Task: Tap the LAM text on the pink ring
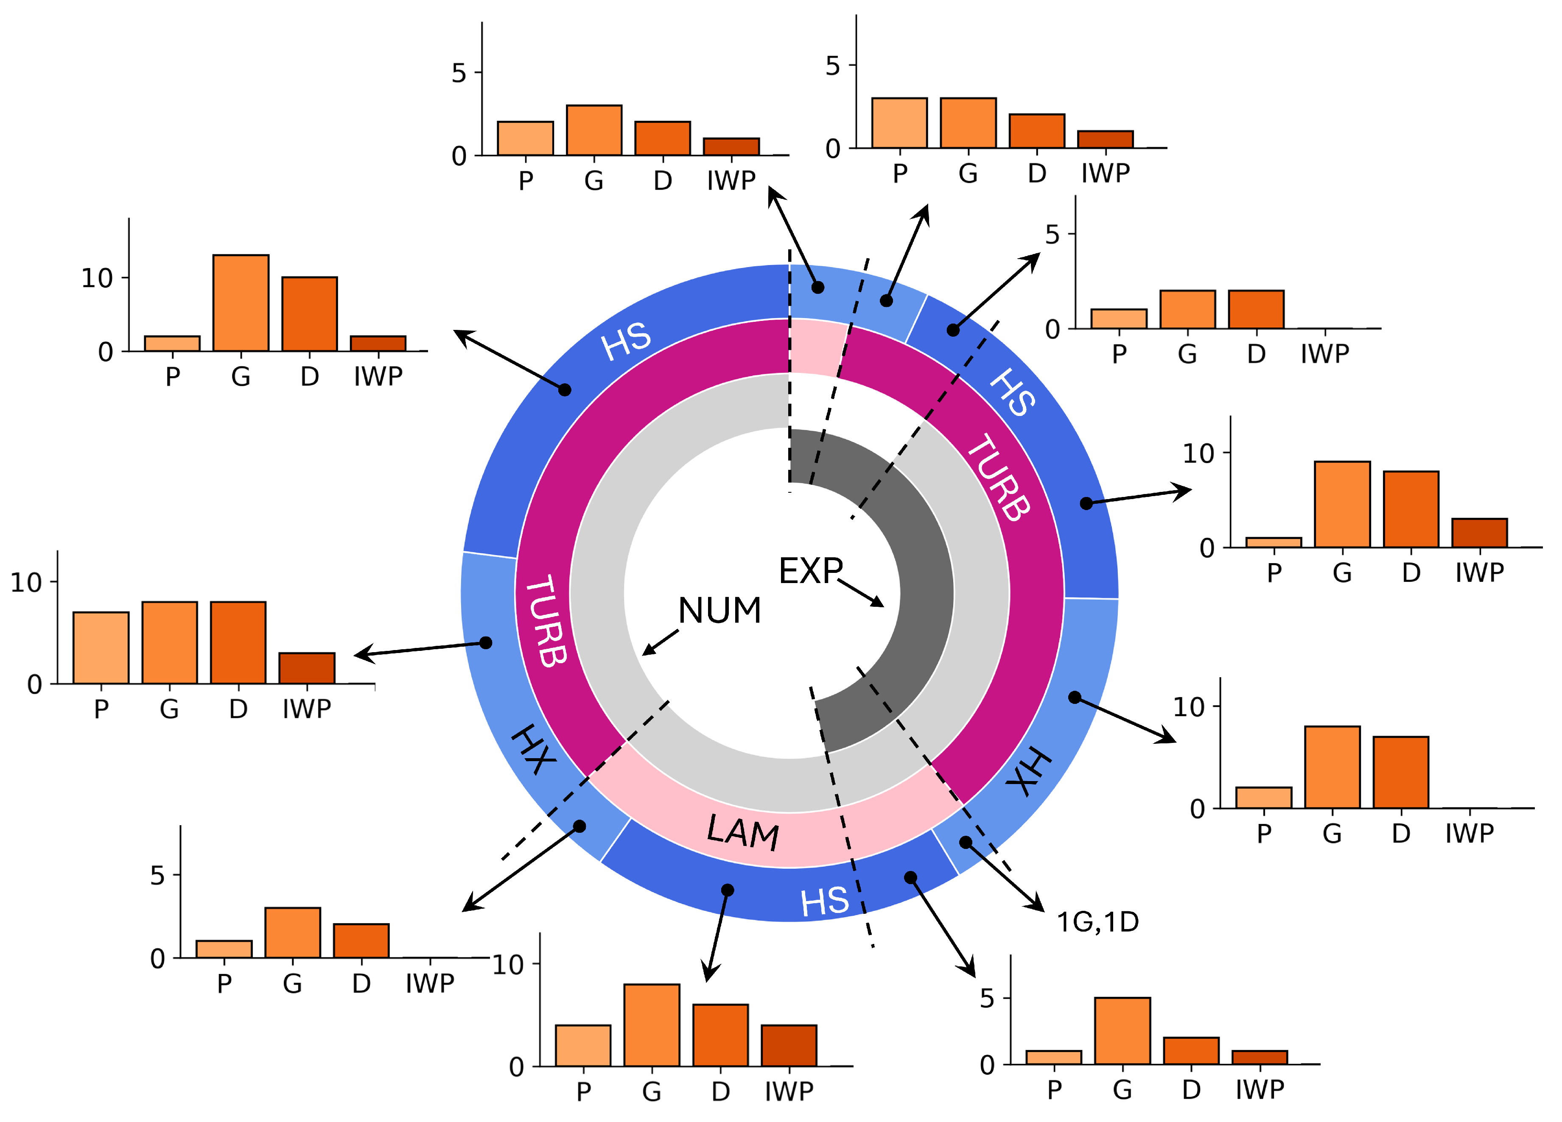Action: pos(743,832)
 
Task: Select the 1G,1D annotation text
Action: pos(1098,922)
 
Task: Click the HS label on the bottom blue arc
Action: pos(824,902)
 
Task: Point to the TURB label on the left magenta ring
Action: pos(546,621)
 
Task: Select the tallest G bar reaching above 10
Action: pos(241,303)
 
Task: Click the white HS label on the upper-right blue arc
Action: pos(1012,392)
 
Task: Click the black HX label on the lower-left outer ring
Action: pos(534,749)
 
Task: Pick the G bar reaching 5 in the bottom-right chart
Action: pos(1122,1030)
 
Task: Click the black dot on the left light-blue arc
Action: pos(486,643)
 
